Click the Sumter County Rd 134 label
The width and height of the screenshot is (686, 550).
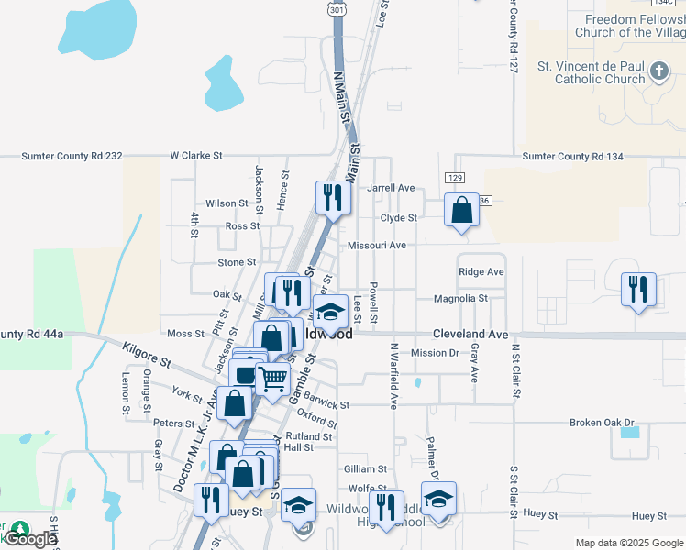pyautogui.click(x=572, y=157)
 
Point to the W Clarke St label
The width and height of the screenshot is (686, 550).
pyautogui.click(x=196, y=157)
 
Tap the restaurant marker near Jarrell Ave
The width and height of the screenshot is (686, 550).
pyautogui.click(x=332, y=197)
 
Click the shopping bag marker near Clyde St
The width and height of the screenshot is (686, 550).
pyautogui.click(x=462, y=209)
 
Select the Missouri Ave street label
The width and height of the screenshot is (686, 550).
pyautogui.click(x=376, y=246)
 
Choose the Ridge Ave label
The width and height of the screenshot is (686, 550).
pyautogui.click(x=481, y=272)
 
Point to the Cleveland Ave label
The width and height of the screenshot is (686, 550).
pyautogui.click(x=470, y=335)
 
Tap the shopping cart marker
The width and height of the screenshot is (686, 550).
pyautogui.click(x=272, y=378)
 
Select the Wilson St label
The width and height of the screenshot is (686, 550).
pyautogui.click(x=227, y=203)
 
